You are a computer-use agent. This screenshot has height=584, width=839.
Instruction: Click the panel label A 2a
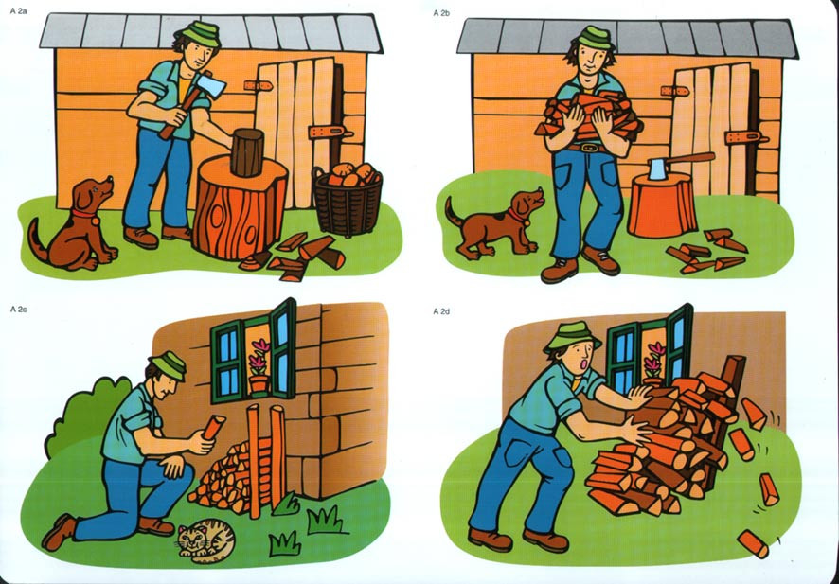[x=18, y=10]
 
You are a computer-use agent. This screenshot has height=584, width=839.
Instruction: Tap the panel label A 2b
[x=441, y=13]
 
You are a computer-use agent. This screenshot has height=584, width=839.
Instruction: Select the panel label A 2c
[x=18, y=310]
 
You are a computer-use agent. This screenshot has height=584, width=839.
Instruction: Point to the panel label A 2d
[x=441, y=311]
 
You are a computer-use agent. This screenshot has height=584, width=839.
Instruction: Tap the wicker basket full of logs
[x=348, y=199]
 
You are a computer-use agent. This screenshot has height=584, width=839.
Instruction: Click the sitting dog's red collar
[x=84, y=215]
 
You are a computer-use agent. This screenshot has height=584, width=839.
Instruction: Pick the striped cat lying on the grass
[x=206, y=540]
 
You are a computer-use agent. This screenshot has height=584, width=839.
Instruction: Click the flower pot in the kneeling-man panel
[x=259, y=383]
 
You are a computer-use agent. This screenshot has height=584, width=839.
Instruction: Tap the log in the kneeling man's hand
[x=213, y=427]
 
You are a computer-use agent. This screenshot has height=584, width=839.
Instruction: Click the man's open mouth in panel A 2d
[x=584, y=364]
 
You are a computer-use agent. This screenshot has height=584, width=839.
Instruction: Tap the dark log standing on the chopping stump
[x=247, y=152]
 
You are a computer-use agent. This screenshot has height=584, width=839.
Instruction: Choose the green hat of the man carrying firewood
[x=595, y=38]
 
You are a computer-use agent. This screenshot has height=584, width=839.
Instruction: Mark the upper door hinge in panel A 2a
[x=259, y=85]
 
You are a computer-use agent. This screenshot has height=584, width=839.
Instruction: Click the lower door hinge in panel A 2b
[x=745, y=138]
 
